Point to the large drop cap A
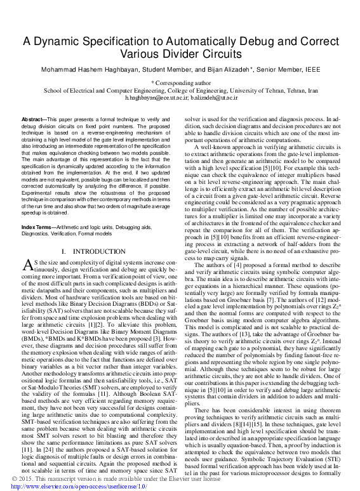27,266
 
